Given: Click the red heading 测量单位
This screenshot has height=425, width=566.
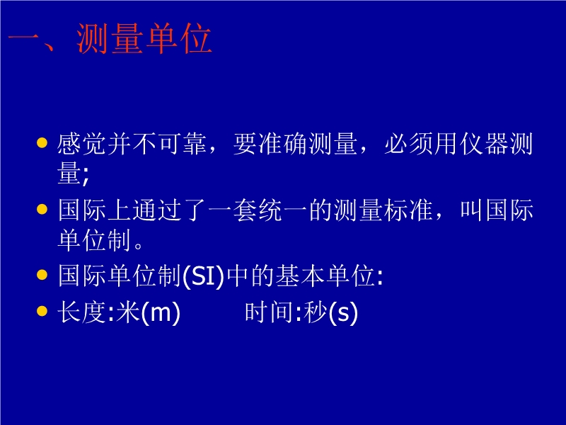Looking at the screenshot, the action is click(x=144, y=39).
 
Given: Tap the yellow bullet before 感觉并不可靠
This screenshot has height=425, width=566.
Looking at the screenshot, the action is click(x=42, y=143).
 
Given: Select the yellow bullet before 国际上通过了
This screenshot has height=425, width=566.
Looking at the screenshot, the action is click(x=42, y=209).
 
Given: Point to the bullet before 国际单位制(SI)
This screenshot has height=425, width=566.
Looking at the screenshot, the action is click(x=42, y=275).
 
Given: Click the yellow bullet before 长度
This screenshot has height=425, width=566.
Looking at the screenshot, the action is click(x=42, y=311).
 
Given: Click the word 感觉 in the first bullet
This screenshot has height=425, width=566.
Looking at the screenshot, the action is click(x=82, y=144).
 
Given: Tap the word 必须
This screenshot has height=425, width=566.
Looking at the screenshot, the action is click(x=409, y=144).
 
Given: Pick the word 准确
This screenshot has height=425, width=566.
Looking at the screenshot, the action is click(x=282, y=144).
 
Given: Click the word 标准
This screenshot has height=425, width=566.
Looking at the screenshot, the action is click(x=409, y=210).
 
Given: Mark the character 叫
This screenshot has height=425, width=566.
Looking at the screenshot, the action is click(x=471, y=210).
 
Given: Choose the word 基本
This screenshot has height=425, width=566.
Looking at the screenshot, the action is click(x=300, y=276).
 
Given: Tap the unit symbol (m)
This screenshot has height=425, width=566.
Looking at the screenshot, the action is click(x=161, y=312).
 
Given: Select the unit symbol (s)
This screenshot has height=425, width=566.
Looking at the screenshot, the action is click(x=343, y=312).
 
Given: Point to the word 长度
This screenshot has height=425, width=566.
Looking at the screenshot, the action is click(x=82, y=312).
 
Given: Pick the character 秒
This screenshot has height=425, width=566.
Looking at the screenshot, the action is click(x=316, y=312).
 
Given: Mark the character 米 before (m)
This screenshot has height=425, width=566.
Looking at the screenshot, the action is click(x=129, y=312).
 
